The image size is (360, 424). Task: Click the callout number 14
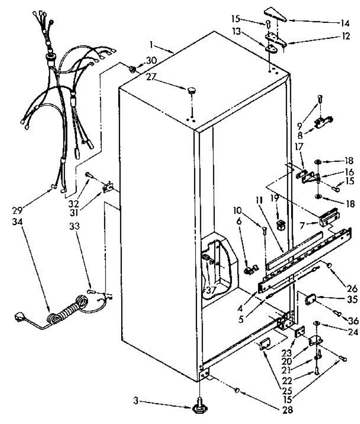tap(345, 23)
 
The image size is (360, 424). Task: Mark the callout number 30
tap(151, 60)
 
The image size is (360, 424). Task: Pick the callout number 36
tap(354, 320)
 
